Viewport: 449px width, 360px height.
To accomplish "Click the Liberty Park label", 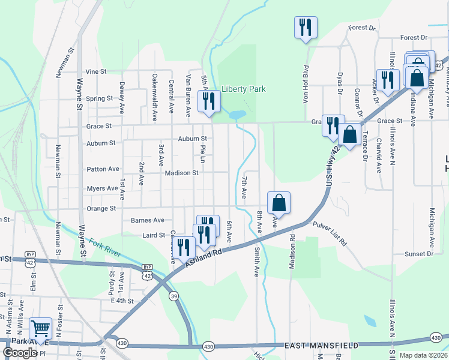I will point(243,89).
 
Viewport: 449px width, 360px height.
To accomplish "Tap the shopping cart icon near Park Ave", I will point(40,328).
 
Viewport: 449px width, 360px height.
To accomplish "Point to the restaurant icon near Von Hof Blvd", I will point(306,27).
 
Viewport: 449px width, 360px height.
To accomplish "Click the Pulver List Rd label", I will point(330,233).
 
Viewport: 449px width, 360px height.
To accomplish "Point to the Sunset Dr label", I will point(419,254).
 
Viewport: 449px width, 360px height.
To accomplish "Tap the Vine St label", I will point(95,71).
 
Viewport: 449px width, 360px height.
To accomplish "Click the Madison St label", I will point(181,173).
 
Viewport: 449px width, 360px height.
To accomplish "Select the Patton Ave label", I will point(103,169).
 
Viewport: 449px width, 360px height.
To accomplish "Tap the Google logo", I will point(20,352).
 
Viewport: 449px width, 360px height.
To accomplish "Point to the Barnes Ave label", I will point(147,220).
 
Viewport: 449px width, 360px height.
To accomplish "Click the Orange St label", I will point(101,209).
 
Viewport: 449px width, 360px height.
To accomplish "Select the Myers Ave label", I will point(102,188).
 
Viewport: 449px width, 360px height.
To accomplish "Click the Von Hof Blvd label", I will point(306,84).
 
